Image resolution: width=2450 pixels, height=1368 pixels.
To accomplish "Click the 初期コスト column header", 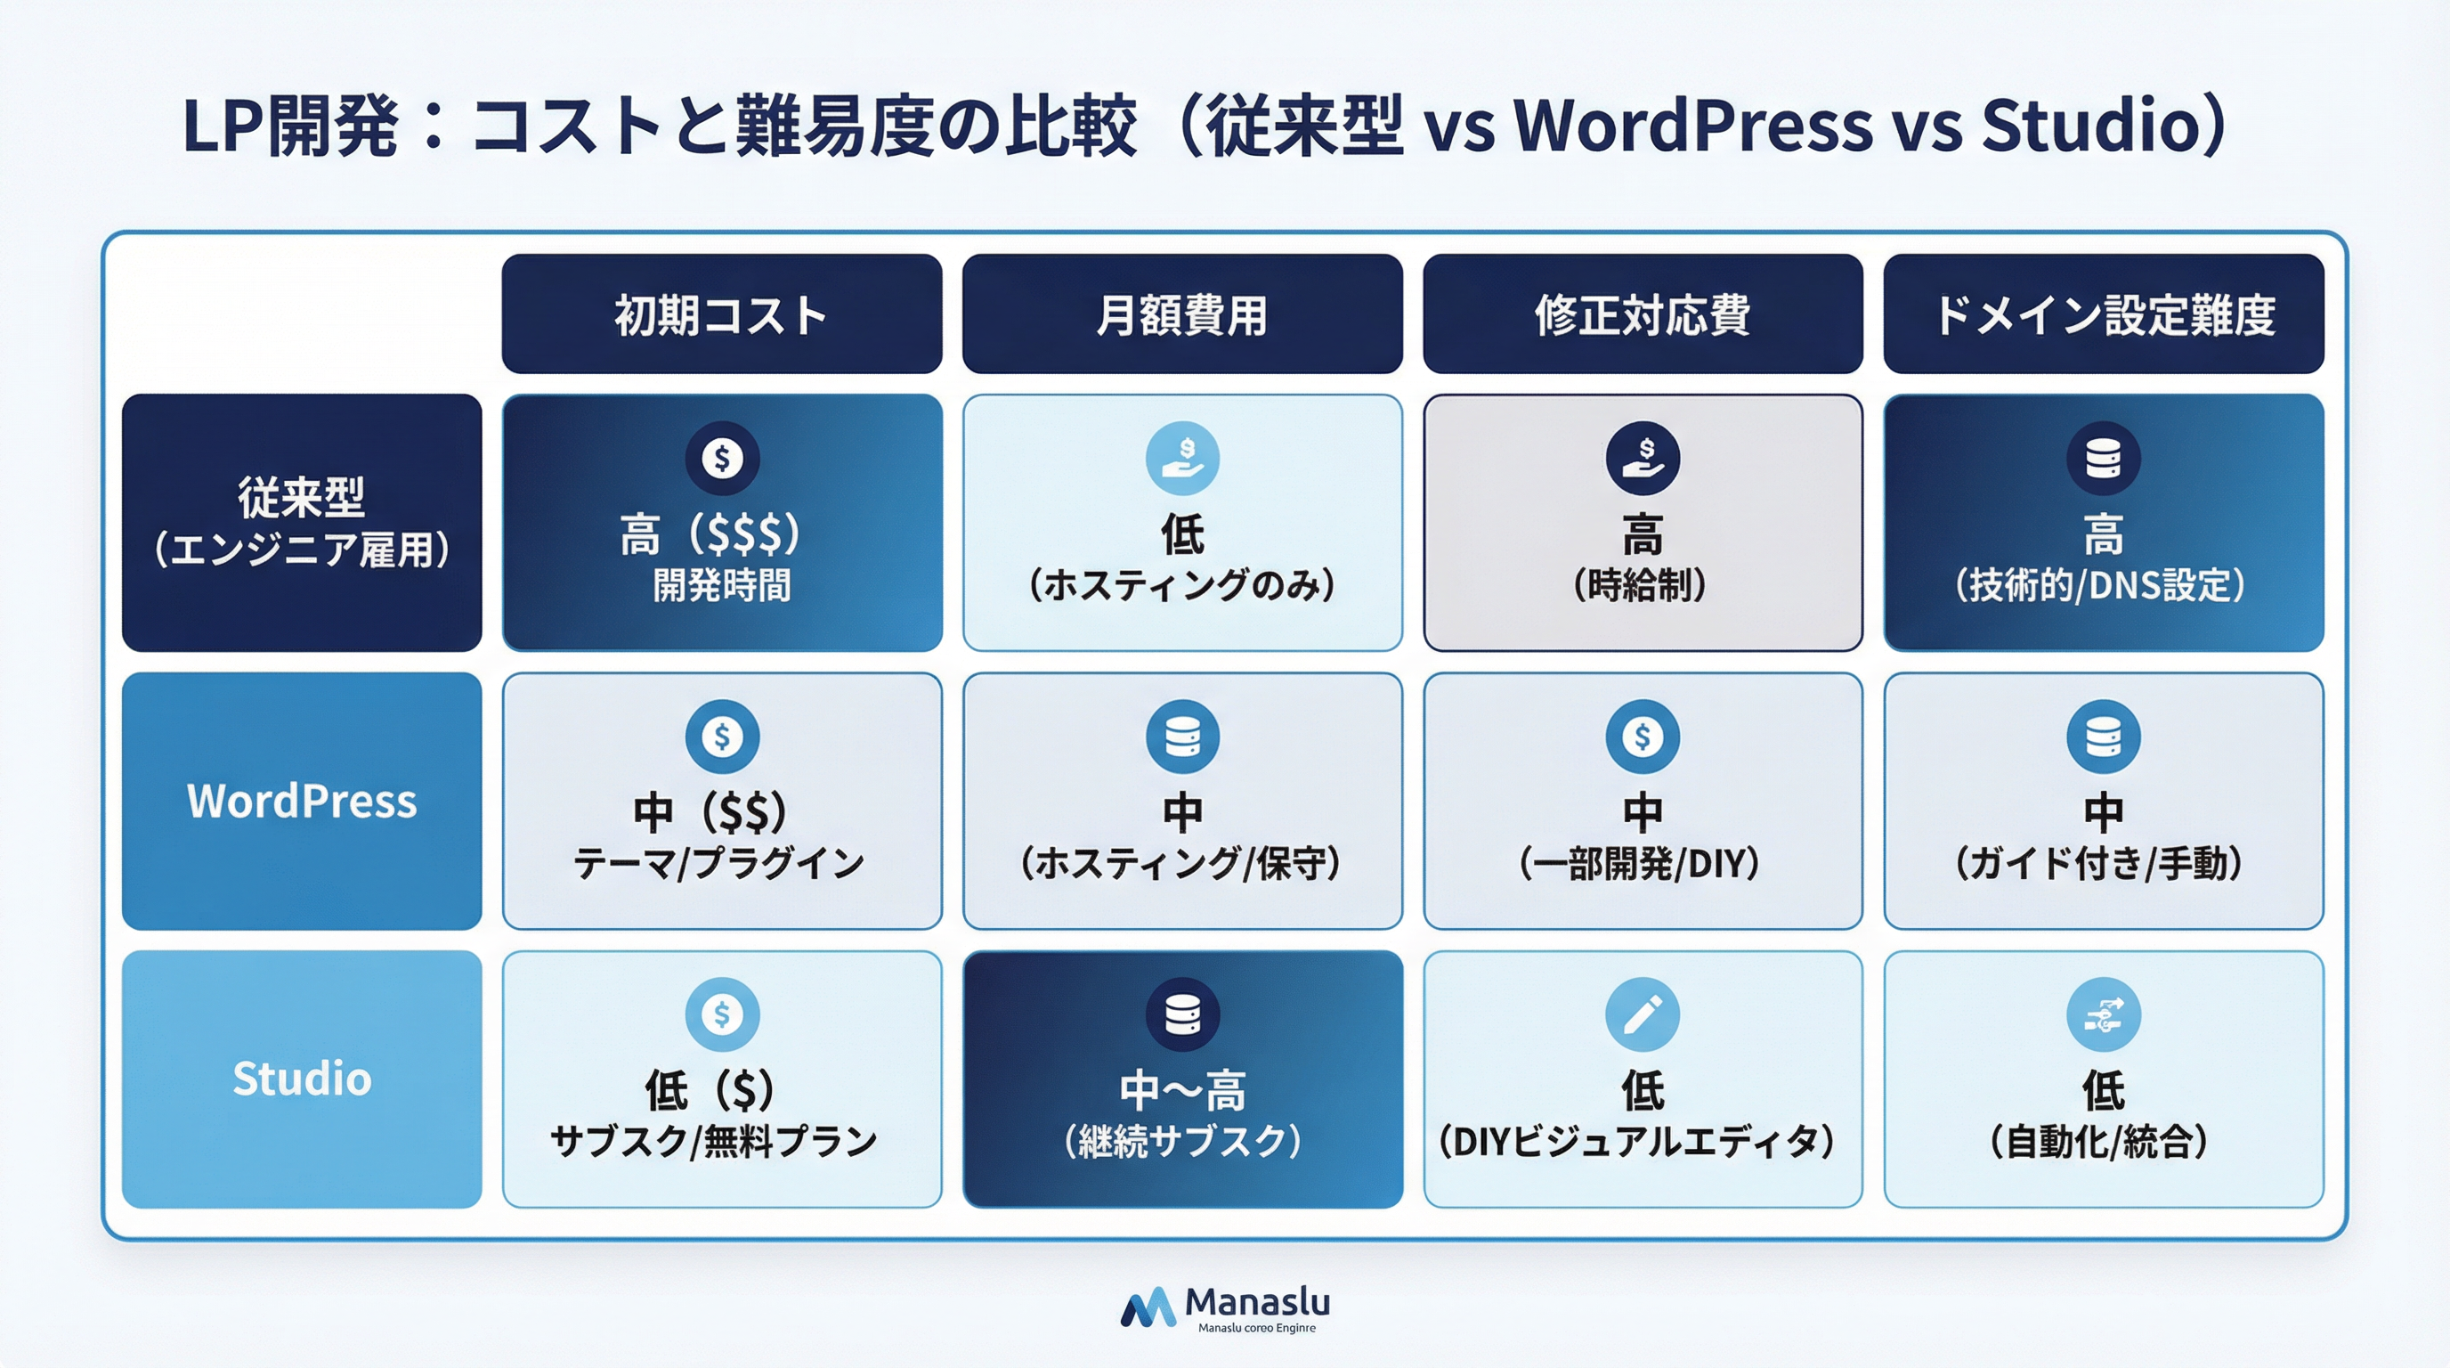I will click(x=721, y=313).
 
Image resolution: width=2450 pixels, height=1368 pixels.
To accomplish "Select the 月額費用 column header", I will click(x=1181, y=313).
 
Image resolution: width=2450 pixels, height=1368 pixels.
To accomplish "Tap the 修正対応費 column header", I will click(x=1643, y=313).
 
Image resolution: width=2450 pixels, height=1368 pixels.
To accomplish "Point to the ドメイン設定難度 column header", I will click(x=2103, y=313).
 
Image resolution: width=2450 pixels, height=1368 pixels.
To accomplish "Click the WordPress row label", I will click(x=302, y=801).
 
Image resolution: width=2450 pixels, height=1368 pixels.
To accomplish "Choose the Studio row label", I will click(x=302, y=1079).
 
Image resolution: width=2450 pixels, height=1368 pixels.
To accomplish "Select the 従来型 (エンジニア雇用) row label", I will click(x=302, y=522).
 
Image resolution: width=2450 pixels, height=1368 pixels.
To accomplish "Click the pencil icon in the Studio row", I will click(x=1643, y=1014).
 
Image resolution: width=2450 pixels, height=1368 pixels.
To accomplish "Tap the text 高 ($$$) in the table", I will click(x=710, y=533).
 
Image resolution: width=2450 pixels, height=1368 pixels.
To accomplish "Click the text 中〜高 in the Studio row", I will click(x=1182, y=1090).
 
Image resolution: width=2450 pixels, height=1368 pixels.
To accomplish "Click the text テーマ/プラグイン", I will click(x=719, y=863).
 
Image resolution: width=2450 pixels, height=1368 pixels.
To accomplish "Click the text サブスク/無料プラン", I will click(x=714, y=1141).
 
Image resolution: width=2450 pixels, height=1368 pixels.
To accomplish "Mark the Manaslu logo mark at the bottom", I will click(x=1148, y=1309).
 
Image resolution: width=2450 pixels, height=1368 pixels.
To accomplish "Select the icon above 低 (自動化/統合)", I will click(x=2103, y=1014).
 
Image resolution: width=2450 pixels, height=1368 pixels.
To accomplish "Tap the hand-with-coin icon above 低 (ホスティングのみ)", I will click(x=1182, y=458).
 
